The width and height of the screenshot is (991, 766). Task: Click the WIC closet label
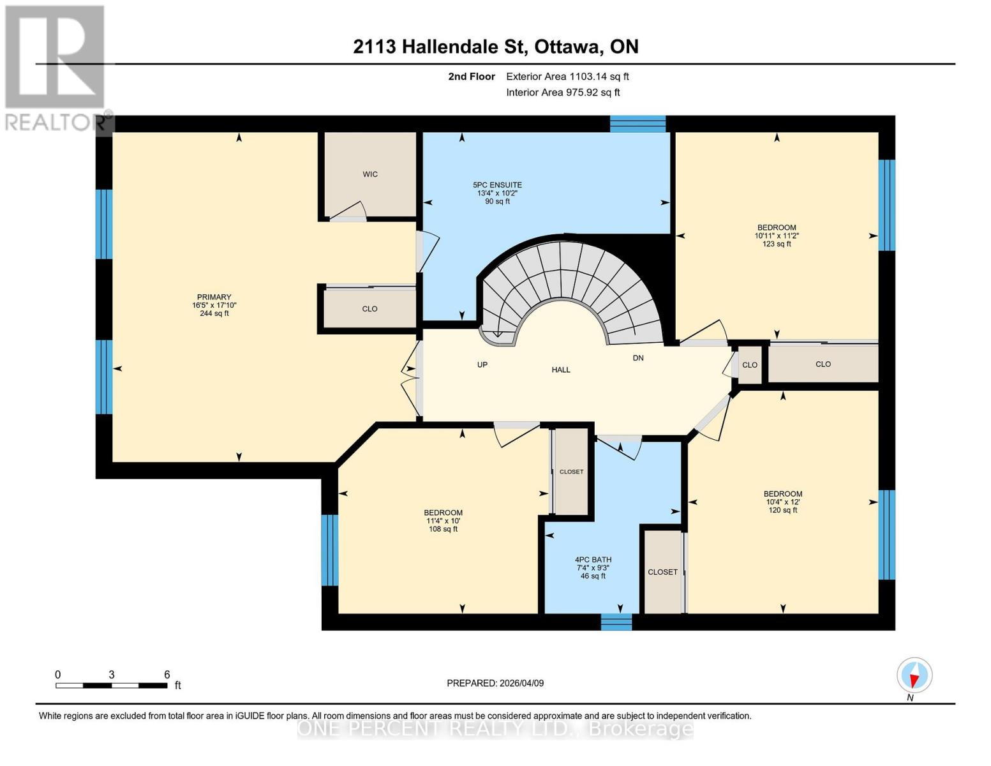(x=370, y=174)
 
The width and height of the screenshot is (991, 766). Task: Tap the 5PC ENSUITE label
(x=497, y=184)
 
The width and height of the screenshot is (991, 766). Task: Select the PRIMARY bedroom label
(x=214, y=297)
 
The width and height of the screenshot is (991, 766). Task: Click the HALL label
(x=561, y=370)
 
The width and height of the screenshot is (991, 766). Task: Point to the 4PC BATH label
(x=593, y=560)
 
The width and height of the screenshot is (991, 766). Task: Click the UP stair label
(x=482, y=364)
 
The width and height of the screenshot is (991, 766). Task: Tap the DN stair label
(x=638, y=358)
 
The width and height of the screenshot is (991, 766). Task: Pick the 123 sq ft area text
(x=777, y=244)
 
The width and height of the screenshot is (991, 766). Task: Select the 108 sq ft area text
(x=443, y=529)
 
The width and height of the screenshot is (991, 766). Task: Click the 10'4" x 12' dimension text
(x=782, y=502)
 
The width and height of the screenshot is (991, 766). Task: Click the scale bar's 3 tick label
(x=111, y=675)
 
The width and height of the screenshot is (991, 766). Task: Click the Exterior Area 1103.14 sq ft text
(x=567, y=77)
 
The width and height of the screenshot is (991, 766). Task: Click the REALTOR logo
(x=56, y=68)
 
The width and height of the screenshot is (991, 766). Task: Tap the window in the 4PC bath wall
(x=616, y=622)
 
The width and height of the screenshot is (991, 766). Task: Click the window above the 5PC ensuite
(x=638, y=124)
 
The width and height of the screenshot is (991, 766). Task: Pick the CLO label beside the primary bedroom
(x=369, y=309)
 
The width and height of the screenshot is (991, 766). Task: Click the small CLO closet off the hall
(x=750, y=365)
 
